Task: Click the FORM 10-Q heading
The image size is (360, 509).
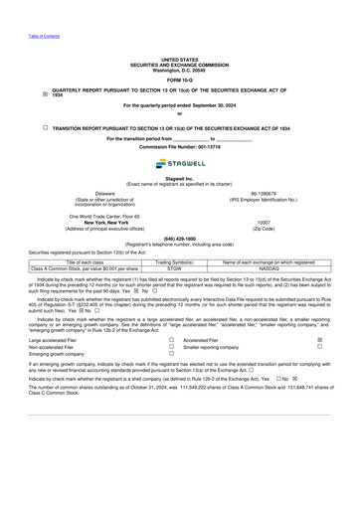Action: [179, 79]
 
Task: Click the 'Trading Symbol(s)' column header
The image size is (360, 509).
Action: [175, 261]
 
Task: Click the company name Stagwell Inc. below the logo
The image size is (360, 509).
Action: [179, 178]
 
